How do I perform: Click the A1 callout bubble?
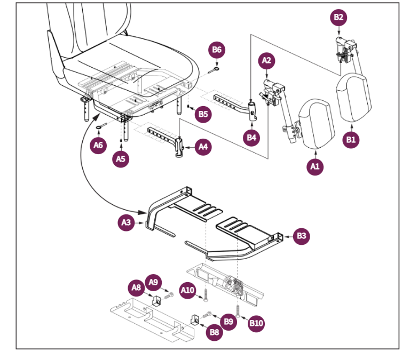pos(314,166)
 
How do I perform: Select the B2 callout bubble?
pos(338,18)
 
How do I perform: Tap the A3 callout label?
pos(126,222)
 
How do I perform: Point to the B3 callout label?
pos(302,236)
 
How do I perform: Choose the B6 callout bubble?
pos(217,50)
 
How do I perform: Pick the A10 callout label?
pos(187,290)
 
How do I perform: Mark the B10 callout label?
pos(256,323)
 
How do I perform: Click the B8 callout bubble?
pos(215,332)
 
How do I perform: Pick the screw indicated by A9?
pos(169,295)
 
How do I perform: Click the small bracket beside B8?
pos(195,319)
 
